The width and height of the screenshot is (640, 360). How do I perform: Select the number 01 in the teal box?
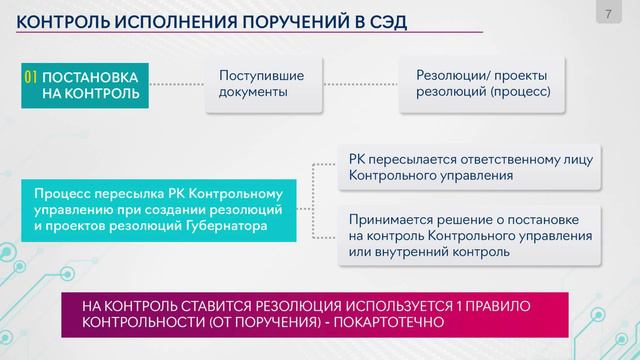click(31, 76)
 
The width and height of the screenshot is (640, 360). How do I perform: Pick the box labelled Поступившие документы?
click(261, 84)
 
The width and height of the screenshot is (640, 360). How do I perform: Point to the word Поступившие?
click(262, 75)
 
